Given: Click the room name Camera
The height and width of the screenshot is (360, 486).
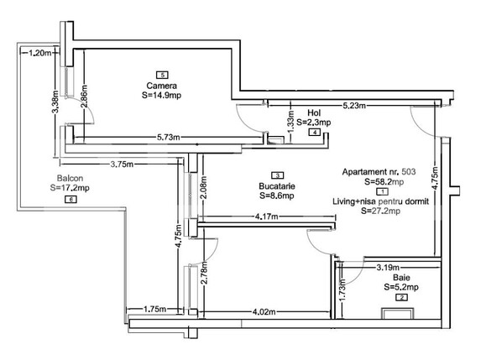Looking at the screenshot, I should [x=161, y=86].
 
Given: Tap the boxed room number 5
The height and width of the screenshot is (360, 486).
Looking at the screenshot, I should [x=161, y=76].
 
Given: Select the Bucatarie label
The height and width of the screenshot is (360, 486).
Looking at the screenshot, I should [x=276, y=185].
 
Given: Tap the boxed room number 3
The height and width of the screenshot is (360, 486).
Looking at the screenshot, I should [x=275, y=175].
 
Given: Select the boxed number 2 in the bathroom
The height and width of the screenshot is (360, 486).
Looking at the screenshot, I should [x=401, y=297].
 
